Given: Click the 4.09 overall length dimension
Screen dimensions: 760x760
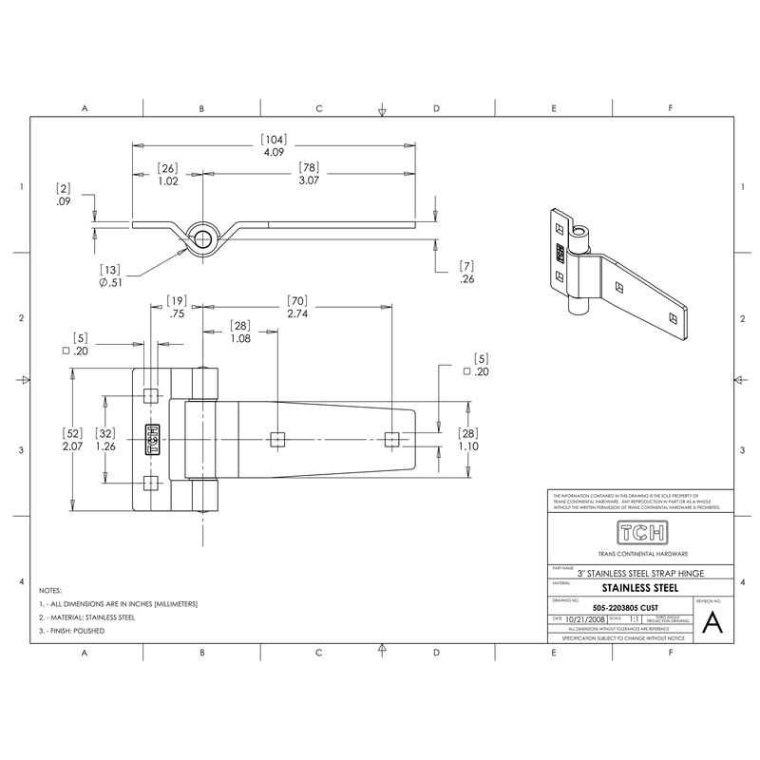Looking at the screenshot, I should (274, 151).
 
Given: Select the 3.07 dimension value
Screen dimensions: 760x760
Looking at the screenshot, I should (310, 180).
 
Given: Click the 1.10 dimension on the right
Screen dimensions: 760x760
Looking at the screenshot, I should (468, 446).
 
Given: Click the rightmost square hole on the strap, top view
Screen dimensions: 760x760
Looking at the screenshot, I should (389, 438).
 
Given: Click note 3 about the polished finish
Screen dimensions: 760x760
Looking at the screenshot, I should (72, 631).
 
